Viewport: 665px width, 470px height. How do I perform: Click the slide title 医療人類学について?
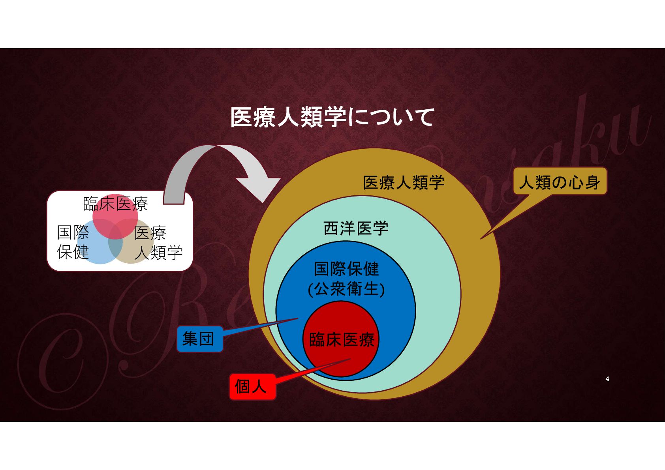(x=332, y=117)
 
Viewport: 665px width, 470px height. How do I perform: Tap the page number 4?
(x=607, y=379)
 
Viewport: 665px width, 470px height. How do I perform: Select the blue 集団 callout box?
(x=199, y=339)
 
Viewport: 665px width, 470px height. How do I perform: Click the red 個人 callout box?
(x=252, y=387)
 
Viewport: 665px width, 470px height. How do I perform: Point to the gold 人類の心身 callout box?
(x=560, y=182)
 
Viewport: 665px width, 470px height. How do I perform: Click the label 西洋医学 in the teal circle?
(x=356, y=228)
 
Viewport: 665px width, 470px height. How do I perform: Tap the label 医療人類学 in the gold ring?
(x=404, y=183)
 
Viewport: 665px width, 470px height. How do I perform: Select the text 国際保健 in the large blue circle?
(x=346, y=269)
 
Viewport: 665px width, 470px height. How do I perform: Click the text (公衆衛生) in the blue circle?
(x=346, y=289)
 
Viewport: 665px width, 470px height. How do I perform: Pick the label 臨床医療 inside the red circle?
(x=342, y=339)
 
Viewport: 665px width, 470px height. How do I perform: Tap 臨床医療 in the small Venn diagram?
(x=115, y=204)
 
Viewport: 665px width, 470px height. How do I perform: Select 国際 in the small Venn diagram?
(x=73, y=232)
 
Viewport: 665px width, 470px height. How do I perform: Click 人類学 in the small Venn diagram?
(x=158, y=253)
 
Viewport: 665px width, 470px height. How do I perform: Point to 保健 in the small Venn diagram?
(x=73, y=252)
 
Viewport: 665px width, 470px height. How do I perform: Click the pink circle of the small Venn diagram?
(x=115, y=213)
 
